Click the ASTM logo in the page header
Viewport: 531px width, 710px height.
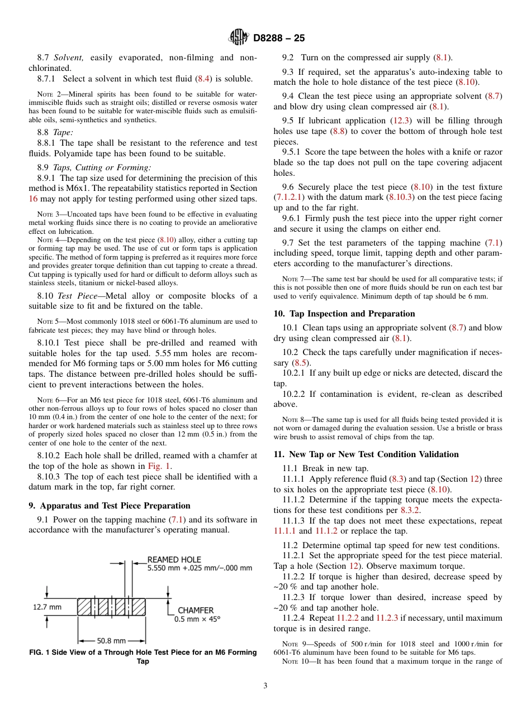[238, 38]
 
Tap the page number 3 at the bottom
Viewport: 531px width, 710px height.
[265, 686]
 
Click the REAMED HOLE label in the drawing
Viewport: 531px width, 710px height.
[174, 559]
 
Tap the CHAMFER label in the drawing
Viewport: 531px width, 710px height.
[195, 611]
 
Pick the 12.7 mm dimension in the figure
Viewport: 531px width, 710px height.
[48, 607]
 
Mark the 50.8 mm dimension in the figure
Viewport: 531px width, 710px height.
[111, 641]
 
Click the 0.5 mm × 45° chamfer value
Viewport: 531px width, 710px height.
[198, 619]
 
